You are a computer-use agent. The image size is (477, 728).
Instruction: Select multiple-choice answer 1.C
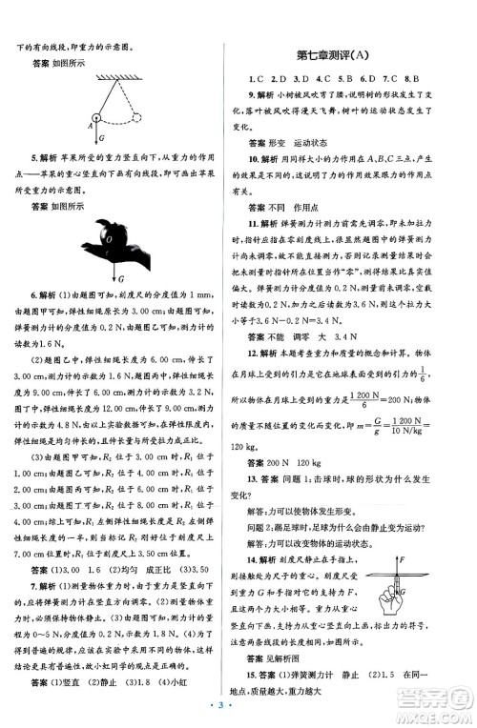coord(254,79)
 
